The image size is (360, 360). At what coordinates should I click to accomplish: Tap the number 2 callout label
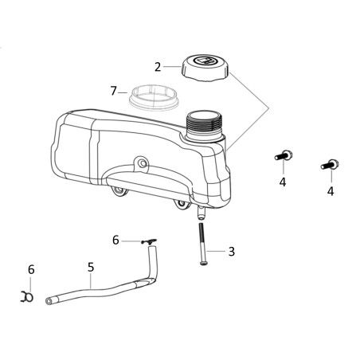click(158, 68)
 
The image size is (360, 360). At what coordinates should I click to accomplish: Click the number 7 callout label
click(114, 91)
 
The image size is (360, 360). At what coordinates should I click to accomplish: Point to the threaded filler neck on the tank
click(205, 126)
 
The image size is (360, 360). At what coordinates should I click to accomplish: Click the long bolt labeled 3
click(202, 244)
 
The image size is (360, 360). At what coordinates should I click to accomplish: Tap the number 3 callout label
click(232, 252)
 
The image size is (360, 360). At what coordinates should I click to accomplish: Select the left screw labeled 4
click(284, 155)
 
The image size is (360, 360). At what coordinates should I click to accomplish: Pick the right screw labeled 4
click(331, 164)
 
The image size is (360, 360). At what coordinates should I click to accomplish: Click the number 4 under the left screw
click(283, 182)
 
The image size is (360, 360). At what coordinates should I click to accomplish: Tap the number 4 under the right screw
click(331, 191)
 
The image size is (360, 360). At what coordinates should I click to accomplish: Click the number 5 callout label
click(91, 267)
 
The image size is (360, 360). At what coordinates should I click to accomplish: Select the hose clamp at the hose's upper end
click(149, 241)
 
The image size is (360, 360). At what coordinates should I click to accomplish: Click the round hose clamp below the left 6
click(27, 296)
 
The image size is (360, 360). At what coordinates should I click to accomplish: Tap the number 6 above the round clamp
click(31, 270)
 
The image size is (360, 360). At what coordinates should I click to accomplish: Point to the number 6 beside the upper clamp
click(115, 241)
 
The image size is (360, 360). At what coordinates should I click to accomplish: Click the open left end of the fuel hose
click(49, 301)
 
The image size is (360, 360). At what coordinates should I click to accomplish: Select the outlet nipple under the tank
click(201, 213)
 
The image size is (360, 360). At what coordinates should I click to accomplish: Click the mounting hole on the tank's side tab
click(143, 163)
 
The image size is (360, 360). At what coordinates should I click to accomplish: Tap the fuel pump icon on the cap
click(205, 61)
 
